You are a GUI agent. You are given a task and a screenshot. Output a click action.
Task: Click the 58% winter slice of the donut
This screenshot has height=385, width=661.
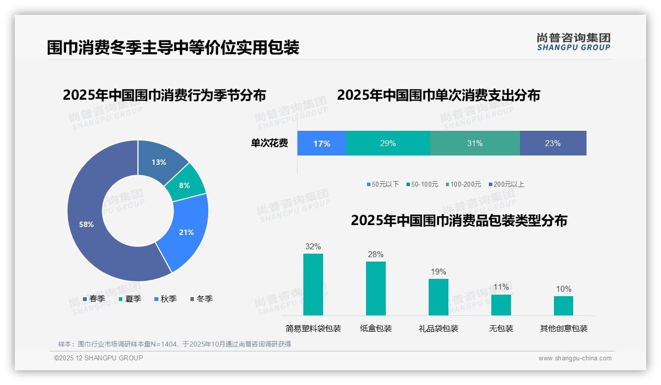(86, 225)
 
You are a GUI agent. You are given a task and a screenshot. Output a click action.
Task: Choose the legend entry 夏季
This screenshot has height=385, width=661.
(130, 299)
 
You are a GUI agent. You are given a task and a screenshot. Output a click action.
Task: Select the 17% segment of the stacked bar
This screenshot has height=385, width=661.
(322, 144)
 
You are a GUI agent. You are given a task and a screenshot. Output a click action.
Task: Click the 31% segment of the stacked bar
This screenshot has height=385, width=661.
(475, 144)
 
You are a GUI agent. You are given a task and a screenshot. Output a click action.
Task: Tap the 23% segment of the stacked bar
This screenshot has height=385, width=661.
(552, 144)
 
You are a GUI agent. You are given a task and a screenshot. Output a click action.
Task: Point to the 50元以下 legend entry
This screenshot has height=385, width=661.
(383, 185)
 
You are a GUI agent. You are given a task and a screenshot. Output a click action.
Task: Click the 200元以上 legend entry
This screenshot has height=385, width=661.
(507, 185)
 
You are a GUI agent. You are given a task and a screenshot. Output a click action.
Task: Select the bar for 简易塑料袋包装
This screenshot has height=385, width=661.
(313, 284)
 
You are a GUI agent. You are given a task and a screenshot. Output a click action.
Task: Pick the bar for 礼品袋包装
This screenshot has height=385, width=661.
(439, 297)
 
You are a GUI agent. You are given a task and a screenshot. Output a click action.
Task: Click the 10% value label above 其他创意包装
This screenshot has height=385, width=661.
(563, 289)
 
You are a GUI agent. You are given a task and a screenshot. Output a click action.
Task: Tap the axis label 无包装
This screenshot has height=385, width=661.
(501, 329)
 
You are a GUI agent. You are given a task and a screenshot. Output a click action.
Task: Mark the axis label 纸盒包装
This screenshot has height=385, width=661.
(376, 329)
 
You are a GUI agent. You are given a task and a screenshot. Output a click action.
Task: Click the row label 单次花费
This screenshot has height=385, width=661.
(269, 144)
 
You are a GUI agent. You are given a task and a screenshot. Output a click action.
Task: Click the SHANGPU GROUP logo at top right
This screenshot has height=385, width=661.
(573, 42)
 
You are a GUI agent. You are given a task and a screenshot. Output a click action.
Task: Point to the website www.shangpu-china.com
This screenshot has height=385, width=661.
(575, 358)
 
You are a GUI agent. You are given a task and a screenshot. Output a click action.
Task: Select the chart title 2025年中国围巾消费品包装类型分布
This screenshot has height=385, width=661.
(459, 221)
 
